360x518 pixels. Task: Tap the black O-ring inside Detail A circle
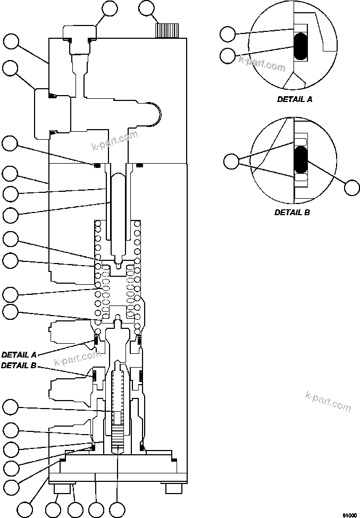(x=300, y=47)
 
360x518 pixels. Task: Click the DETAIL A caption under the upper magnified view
(x=295, y=99)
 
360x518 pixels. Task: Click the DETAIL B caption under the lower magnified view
(x=292, y=212)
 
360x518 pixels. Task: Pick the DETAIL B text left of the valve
(x=18, y=366)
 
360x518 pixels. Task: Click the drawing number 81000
(x=348, y=514)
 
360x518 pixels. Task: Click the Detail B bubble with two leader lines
(x=231, y=161)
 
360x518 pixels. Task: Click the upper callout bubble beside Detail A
(x=228, y=35)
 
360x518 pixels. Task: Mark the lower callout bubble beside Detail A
(x=228, y=55)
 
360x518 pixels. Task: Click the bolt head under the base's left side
(x=61, y=488)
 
